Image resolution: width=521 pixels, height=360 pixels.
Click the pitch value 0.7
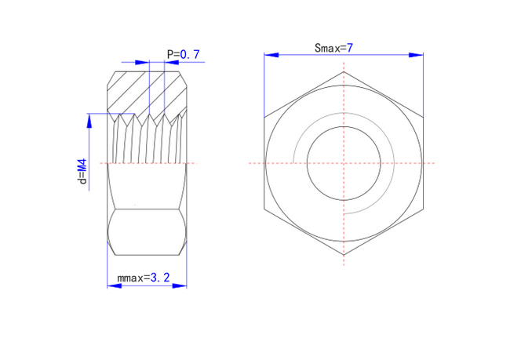point(190,54)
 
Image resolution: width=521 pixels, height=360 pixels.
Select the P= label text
point(173,54)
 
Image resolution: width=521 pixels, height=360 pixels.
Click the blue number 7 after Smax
point(349,48)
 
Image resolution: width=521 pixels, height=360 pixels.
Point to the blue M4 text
point(82,165)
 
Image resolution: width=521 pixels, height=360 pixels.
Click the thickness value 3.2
point(160,278)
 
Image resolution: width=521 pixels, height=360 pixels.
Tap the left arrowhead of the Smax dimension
point(271,55)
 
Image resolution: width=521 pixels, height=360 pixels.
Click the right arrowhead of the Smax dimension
point(416,55)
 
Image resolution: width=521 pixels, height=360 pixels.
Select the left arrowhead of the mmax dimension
point(115,285)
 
